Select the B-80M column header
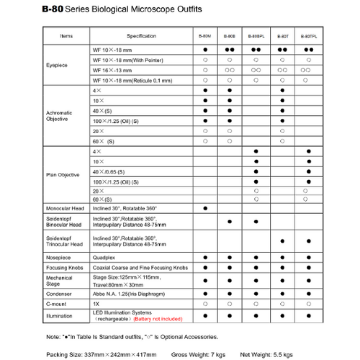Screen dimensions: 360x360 (205, 36)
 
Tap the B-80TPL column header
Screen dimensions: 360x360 (308, 36)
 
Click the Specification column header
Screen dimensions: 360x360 (141, 36)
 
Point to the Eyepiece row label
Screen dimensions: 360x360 (57, 65)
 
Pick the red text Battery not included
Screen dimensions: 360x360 (157, 319)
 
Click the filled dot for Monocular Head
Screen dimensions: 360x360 (205, 208)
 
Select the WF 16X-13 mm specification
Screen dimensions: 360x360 (112, 70)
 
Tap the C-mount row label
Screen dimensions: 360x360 (56, 304)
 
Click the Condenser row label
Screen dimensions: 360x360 (58, 294)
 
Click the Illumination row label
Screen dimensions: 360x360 (59, 316)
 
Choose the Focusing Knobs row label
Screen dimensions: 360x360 (63, 268)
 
